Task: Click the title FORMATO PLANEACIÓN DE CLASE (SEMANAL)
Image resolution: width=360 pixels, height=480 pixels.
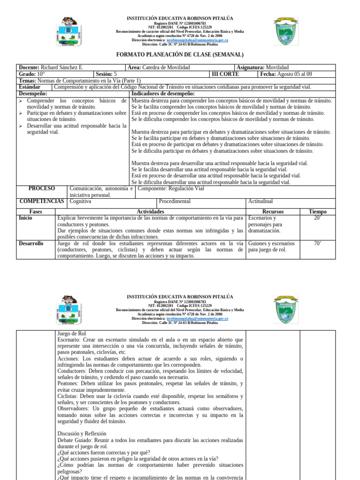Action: pyautogui.click(x=180, y=55)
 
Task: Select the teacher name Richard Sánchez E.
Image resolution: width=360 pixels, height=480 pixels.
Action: pyautogui.click(x=62, y=67)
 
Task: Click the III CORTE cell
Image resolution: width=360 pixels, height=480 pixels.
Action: pyautogui.click(x=225, y=74)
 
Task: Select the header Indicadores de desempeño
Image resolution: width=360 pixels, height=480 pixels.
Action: pyautogui.click(x=163, y=94)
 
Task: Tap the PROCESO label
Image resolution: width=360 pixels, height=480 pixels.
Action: pyautogui.click(x=42, y=188)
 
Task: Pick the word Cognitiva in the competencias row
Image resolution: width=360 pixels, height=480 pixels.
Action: pyautogui.click(x=80, y=201)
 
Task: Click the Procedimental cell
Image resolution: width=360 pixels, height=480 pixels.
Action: pyautogui.click(x=175, y=201)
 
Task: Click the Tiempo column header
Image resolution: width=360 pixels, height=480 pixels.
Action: pyautogui.click(x=317, y=212)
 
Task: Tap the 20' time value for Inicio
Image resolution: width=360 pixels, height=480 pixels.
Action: pyautogui.click(x=317, y=218)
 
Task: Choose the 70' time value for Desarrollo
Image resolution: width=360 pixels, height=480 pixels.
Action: pyautogui.click(x=317, y=243)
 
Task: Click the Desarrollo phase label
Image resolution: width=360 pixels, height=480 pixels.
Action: pyautogui.click(x=31, y=243)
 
